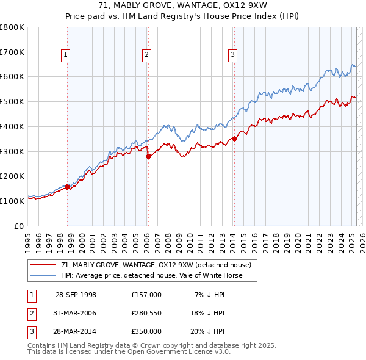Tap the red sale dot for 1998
68,187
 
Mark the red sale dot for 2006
148,156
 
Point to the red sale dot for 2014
234,139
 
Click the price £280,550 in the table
146,313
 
